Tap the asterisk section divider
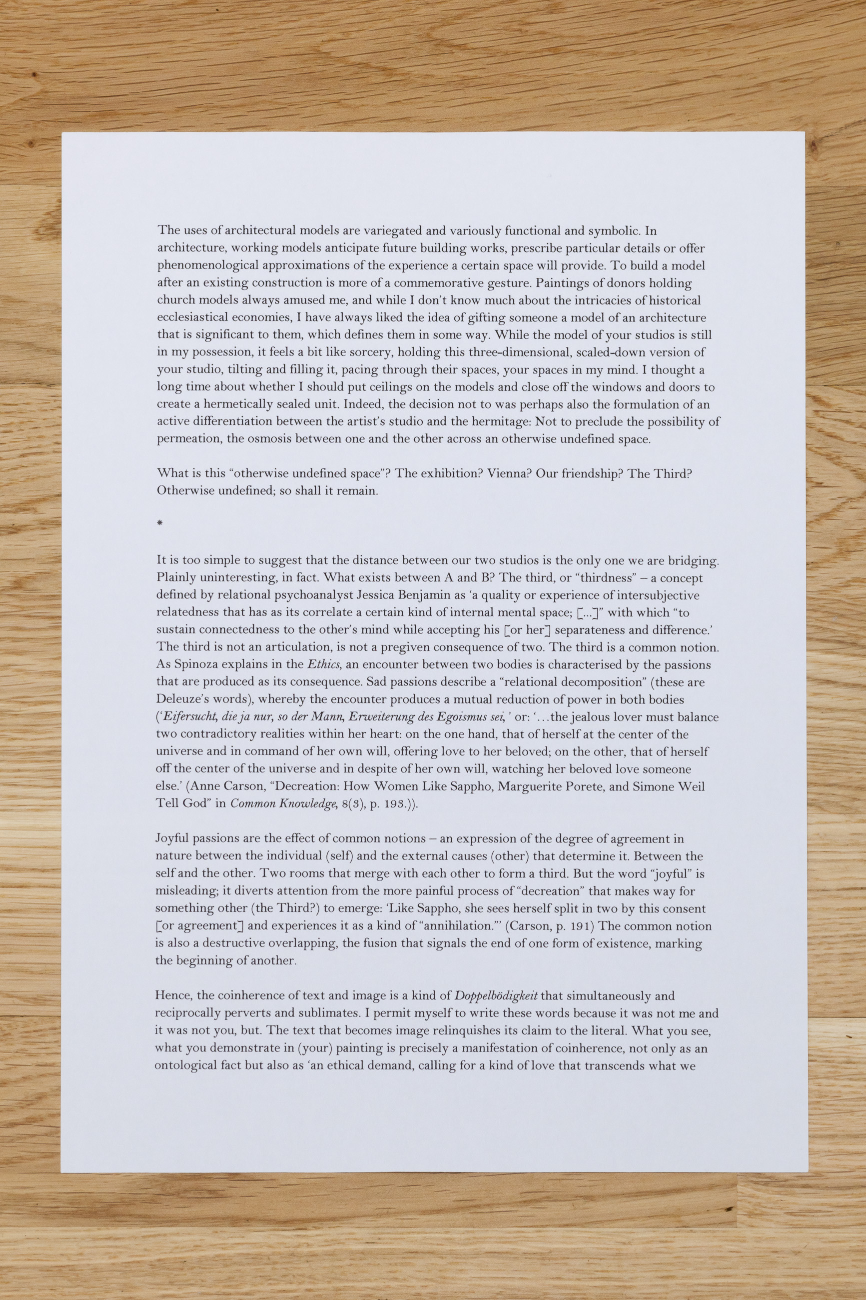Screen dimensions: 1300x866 (159, 524)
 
